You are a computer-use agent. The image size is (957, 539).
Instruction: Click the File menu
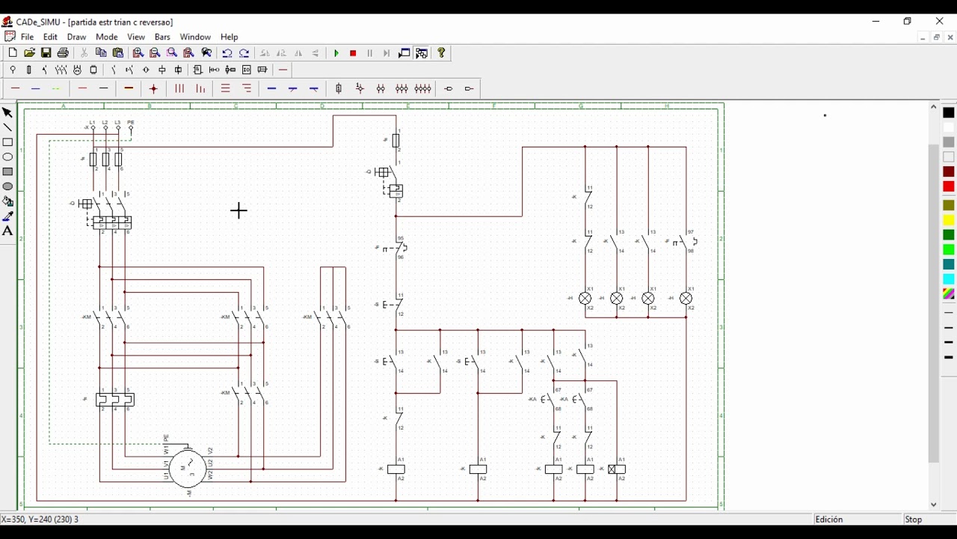(27, 37)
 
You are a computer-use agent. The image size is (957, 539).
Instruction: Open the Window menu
(195, 37)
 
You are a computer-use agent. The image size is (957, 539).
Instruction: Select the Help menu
(230, 37)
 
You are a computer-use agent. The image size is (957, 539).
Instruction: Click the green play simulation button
(336, 53)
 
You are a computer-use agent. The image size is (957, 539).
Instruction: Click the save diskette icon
(46, 53)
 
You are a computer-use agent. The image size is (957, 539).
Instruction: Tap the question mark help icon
(442, 53)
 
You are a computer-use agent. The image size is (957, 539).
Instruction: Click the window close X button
(940, 21)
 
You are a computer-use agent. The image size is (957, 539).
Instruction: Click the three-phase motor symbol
(188, 468)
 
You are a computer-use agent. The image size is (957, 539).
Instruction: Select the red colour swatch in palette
(949, 186)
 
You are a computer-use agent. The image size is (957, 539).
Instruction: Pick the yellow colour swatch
(949, 220)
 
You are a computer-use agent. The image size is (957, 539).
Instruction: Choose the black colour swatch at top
(949, 112)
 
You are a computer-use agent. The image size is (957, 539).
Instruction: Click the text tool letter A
(7, 231)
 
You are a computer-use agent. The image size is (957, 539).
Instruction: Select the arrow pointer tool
(7, 113)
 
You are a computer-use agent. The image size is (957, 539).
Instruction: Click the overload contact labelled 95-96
(399, 248)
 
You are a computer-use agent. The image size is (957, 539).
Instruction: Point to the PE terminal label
(131, 122)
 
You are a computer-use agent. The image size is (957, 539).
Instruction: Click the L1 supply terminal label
(93, 122)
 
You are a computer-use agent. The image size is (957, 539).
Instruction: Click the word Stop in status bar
(914, 520)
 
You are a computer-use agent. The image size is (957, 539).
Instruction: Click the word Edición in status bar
(829, 520)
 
